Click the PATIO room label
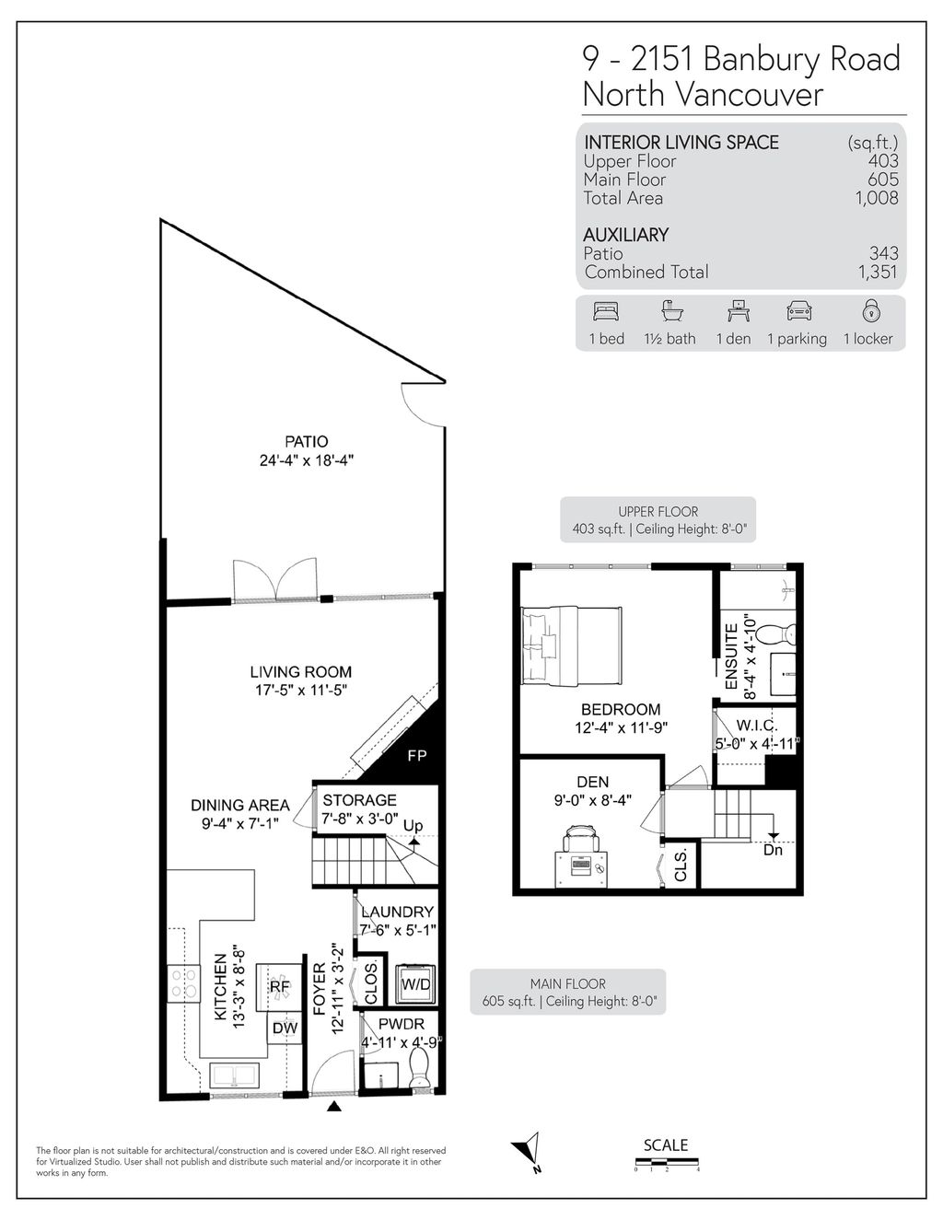point(306,442)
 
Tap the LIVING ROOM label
point(301,672)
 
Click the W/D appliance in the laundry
point(415,984)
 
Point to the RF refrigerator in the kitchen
point(279,986)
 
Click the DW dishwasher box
point(284,1028)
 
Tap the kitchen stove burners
point(183,984)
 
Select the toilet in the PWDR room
point(419,1070)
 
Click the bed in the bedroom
point(571,645)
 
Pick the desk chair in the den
point(580,838)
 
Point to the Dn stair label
point(773,850)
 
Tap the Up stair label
point(413,826)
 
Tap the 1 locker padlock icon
point(867,310)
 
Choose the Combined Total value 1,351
point(877,273)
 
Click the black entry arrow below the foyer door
point(333,1108)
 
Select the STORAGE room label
point(359,800)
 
